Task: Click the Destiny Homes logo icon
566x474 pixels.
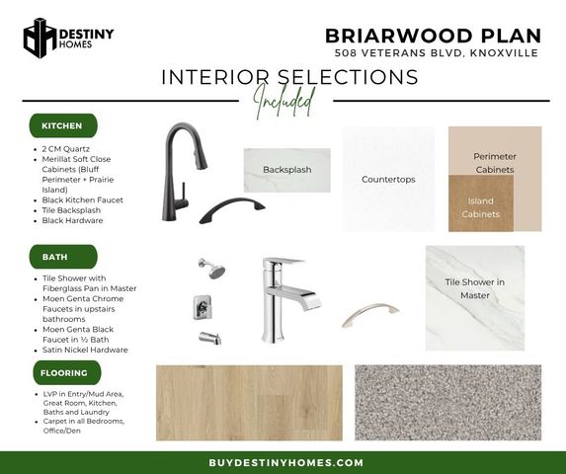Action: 40,38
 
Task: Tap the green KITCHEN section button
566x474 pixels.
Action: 63,125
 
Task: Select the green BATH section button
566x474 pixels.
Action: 63,257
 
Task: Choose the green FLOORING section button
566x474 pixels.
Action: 67,372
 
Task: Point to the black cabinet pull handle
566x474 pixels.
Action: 232,210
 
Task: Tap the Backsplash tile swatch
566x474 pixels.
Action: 287,170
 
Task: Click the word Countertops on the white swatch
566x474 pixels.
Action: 388,180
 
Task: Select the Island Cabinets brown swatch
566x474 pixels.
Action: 481,203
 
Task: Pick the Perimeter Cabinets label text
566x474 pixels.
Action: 495,163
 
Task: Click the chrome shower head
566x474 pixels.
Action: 212,268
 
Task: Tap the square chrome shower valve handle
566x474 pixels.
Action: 202,307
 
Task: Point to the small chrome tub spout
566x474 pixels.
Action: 209,338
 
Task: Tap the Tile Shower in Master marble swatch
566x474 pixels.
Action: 475,298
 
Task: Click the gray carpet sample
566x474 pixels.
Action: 448,403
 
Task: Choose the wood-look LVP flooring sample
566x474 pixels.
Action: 249,403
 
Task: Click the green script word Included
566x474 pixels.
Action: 284,102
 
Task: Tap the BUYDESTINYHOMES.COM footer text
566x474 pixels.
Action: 285,463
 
